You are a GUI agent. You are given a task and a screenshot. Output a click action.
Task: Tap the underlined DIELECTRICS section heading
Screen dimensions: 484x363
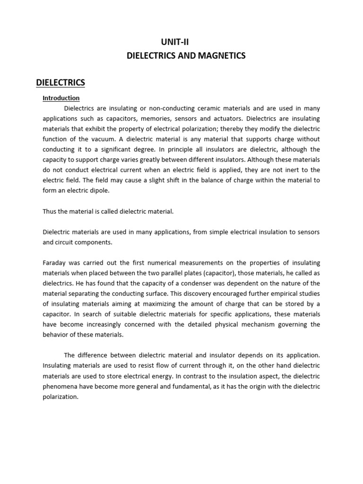click(60, 83)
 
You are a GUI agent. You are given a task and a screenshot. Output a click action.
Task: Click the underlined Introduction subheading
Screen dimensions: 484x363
click(61, 98)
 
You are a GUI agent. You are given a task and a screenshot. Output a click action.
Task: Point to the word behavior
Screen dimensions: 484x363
click(55, 335)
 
